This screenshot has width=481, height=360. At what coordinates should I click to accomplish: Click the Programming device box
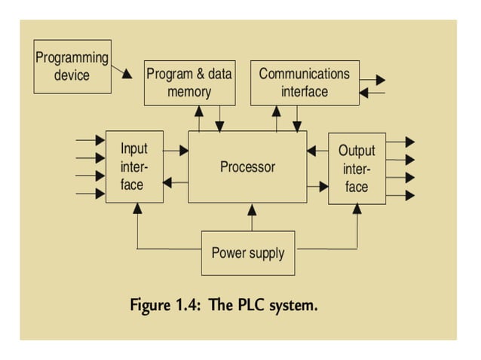[x=72, y=66]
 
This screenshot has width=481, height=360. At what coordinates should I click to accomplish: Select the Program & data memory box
[x=188, y=83]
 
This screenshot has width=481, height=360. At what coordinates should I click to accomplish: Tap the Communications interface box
[x=305, y=83]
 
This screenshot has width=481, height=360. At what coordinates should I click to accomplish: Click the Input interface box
[x=134, y=166]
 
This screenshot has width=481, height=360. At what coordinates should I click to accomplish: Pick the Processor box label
[x=247, y=166]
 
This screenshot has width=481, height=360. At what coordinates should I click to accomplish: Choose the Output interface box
[x=357, y=168]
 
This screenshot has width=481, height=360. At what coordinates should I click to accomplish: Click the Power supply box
[x=247, y=252]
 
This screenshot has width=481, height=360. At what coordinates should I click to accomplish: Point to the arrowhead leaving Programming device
[x=127, y=75]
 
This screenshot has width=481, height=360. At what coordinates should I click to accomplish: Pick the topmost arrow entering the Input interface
[x=91, y=140]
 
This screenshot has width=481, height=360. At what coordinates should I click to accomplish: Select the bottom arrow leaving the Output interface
[x=400, y=196]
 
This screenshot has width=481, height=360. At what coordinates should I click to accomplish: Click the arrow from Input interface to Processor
[x=176, y=151]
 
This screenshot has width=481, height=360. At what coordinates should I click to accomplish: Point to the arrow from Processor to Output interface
[x=317, y=185]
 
